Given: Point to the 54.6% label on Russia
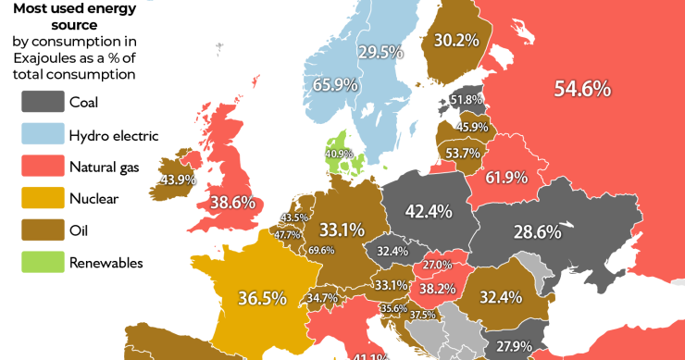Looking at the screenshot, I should [x=581, y=89].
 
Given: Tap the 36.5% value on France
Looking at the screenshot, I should [x=261, y=298].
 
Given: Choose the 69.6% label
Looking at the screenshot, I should [x=321, y=251].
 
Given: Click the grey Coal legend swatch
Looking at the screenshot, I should [x=41, y=103].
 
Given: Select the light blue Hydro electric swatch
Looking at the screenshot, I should [x=41, y=135].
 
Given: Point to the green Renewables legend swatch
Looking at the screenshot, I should [x=41, y=262].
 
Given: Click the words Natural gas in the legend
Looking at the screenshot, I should [x=106, y=167].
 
